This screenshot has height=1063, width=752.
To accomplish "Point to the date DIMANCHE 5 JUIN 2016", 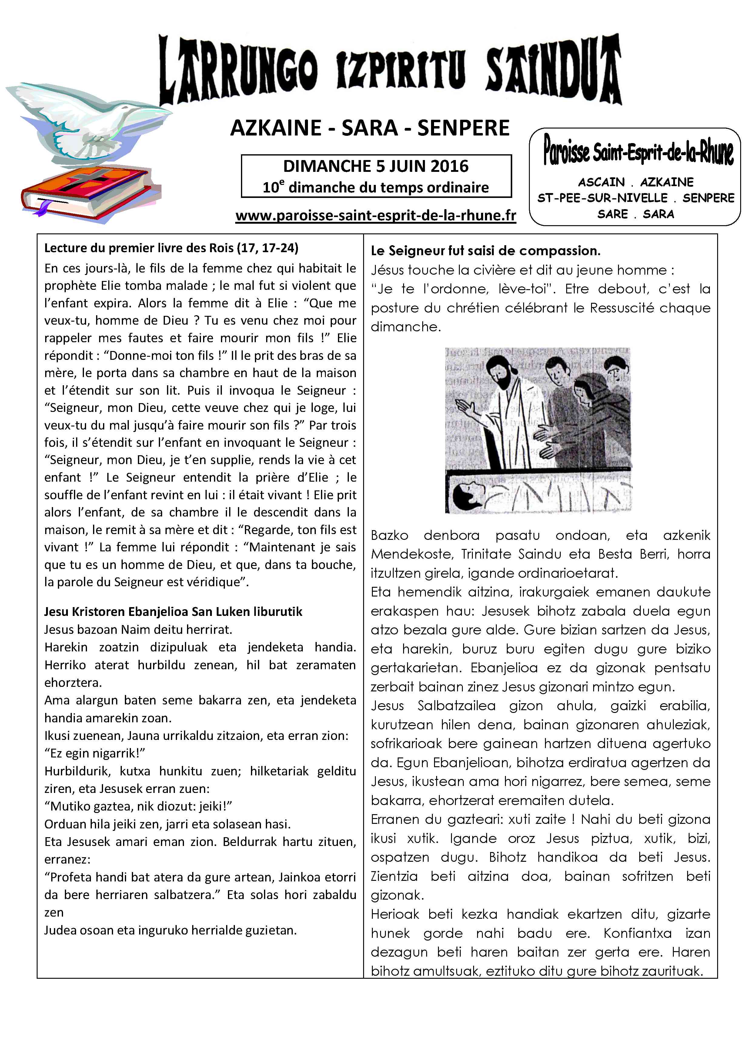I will (x=376, y=166).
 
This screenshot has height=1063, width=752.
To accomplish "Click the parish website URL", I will (x=376, y=216).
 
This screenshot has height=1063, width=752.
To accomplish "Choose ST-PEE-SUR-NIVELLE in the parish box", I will (x=602, y=198).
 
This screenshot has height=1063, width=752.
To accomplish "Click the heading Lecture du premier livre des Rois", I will (x=171, y=248).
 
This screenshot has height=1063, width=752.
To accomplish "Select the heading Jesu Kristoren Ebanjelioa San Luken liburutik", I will (x=173, y=612).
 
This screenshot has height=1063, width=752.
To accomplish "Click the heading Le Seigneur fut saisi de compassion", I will (x=485, y=251).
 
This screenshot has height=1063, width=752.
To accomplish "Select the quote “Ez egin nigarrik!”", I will (x=95, y=753).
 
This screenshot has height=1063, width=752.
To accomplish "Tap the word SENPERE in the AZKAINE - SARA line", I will (x=463, y=128).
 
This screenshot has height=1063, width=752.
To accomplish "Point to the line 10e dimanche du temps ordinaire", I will (x=376, y=188).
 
